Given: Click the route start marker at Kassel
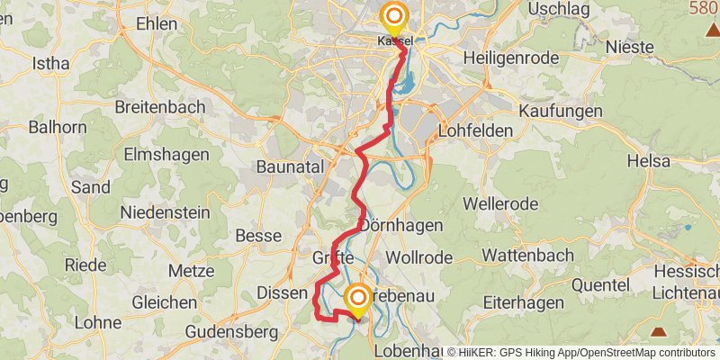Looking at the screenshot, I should pos(393,17).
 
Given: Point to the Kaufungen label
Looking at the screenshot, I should pos(561,111).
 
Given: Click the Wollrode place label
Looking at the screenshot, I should pos(422,256).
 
